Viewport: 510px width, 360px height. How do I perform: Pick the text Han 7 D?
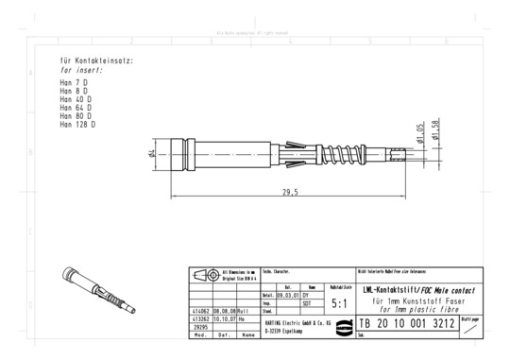click(x=73, y=83)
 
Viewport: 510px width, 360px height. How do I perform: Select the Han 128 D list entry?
click(x=76, y=124)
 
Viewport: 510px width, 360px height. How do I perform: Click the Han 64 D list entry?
click(x=75, y=108)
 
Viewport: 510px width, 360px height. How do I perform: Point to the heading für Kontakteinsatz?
click(x=96, y=60)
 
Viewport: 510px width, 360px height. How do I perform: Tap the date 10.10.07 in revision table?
click(x=224, y=318)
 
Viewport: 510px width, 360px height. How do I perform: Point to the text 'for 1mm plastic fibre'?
click(x=407, y=308)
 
